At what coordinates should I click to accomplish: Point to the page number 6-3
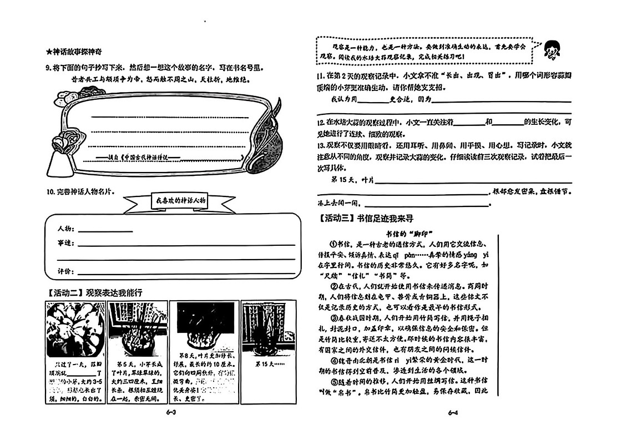[x=171, y=412]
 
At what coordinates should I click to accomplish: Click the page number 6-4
[x=452, y=412]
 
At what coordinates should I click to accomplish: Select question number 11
[x=320, y=75]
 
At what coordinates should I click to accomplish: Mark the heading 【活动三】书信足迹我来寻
[x=366, y=219]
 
